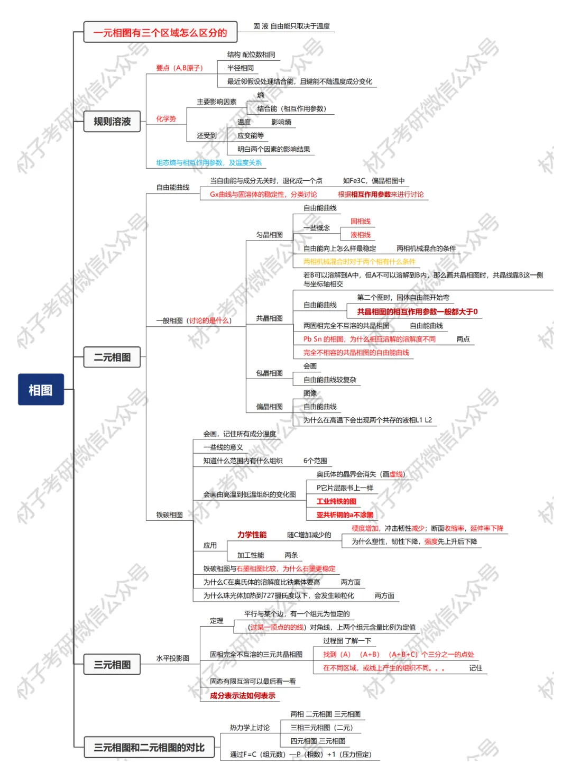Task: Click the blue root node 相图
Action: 41,390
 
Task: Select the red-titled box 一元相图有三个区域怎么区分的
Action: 160,32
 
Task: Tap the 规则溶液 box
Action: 112,121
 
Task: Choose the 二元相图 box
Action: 112,357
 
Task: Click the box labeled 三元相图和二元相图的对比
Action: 149,747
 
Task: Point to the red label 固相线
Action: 361,221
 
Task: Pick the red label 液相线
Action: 361,235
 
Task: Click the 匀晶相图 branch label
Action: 270,235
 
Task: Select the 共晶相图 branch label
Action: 270,318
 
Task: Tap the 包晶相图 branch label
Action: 270,373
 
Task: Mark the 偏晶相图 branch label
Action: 270,407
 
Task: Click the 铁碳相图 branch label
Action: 169,514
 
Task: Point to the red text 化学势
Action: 166,119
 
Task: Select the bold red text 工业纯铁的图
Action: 336,501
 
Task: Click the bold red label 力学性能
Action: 252,535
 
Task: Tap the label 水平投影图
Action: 172,658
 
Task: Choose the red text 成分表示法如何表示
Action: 243,695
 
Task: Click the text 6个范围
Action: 315,461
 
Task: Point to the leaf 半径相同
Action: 241,68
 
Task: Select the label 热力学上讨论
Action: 250,728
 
